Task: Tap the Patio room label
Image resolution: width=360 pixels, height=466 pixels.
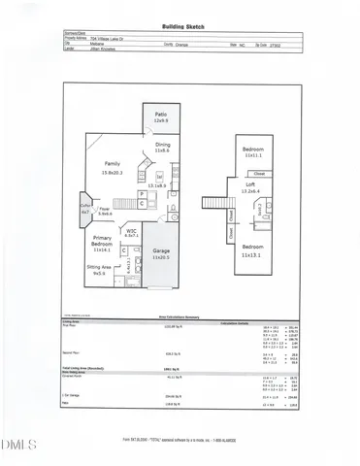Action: (x=162, y=116)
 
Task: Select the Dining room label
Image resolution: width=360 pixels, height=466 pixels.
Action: (x=162, y=146)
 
